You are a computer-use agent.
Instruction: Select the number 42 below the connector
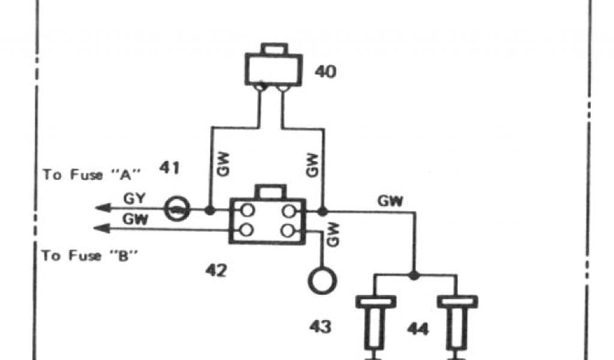coord(216,271)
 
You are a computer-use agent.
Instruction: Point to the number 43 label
coord(320,326)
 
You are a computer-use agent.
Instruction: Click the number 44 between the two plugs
coord(418,329)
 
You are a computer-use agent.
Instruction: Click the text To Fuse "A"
coord(91,175)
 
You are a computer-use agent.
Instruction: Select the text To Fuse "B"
coord(90,256)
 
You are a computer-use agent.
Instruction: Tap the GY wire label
coord(133,197)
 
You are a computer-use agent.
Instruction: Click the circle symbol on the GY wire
coord(178,210)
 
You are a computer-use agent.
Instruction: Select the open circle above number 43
coord(322,280)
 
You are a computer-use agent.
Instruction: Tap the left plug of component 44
coord(375,321)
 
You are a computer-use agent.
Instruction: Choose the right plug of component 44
coord(458,321)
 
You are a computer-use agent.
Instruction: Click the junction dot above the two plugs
coord(414,275)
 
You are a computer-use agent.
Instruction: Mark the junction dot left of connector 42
coord(210,211)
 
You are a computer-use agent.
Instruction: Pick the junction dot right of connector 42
coord(323,211)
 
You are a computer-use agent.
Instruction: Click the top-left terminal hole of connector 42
coord(245,211)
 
